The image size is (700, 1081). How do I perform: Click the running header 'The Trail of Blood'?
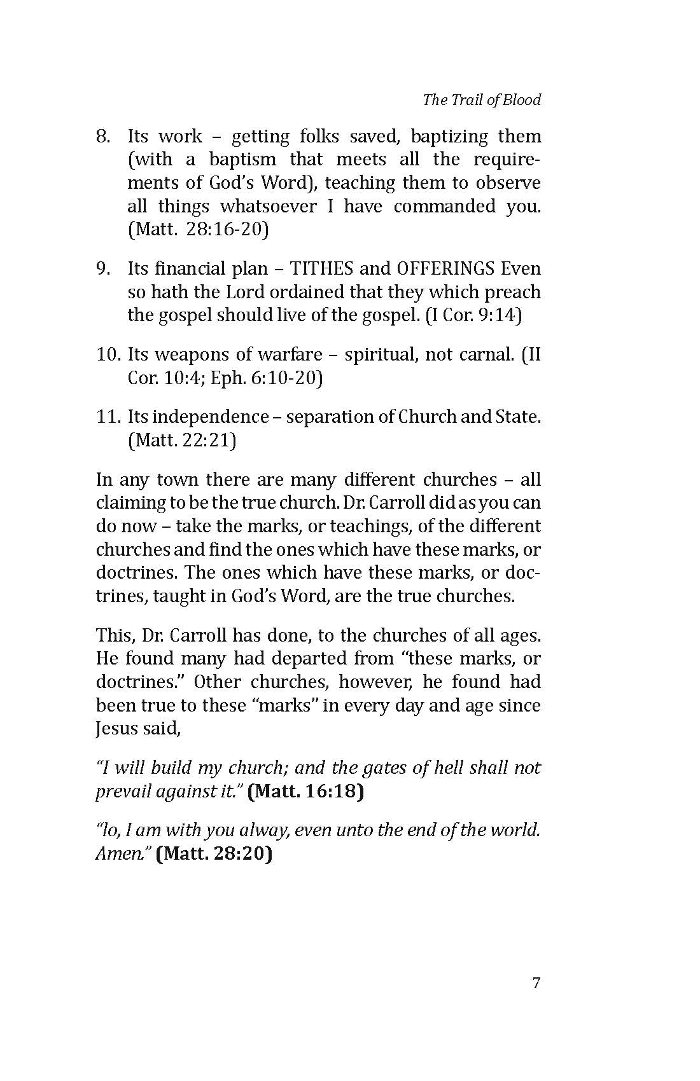(x=482, y=100)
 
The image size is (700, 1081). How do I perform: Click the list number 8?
(x=103, y=136)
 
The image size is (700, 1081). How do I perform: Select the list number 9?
(x=103, y=268)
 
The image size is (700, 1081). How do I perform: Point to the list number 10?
(x=108, y=354)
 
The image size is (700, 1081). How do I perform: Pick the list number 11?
(x=108, y=417)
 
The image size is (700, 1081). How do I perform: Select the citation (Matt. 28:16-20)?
(x=198, y=229)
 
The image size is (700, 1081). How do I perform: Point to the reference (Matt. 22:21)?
(x=182, y=440)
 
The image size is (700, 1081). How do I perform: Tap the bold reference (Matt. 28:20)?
(x=214, y=853)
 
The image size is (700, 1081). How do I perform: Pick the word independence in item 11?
(x=213, y=417)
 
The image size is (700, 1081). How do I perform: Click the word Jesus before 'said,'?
(x=116, y=728)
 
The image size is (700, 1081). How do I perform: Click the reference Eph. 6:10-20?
(x=267, y=378)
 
